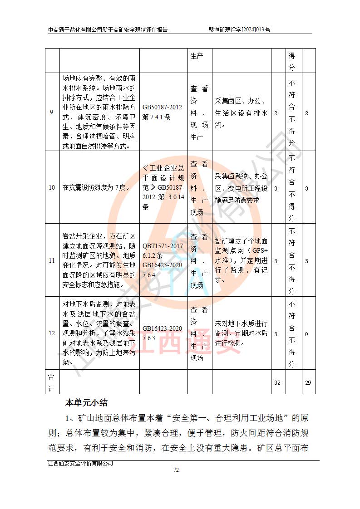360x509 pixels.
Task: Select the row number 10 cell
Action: click(52, 187)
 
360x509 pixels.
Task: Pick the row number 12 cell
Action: click(52, 334)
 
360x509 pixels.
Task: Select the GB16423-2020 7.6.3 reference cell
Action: click(163, 333)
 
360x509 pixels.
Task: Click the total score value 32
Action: click(277, 382)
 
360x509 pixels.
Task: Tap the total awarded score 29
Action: click(308, 382)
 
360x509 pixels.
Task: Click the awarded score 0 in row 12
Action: click(307, 334)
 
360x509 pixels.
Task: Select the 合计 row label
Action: click(52, 382)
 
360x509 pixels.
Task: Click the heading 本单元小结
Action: click(86, 402)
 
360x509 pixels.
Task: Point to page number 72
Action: click(176, 470)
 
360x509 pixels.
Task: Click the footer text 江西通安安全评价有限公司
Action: click(80, 463)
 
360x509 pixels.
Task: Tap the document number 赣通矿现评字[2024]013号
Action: click(240, 29)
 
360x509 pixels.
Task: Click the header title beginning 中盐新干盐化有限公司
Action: click(108, 29)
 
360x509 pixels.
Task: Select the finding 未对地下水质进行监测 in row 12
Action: click(241, 333)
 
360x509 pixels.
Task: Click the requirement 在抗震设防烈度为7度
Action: click(96, 187)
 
